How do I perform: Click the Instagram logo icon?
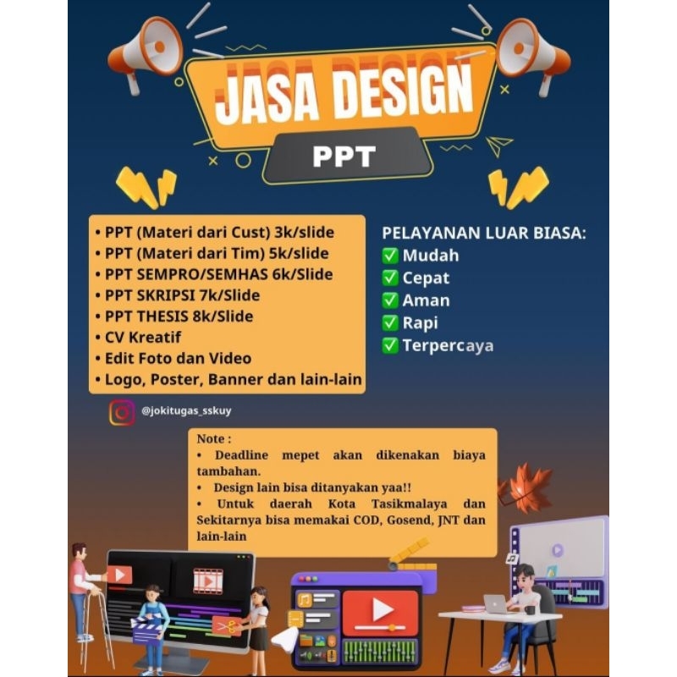coord(122,412)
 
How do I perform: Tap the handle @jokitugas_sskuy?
coord(187,410)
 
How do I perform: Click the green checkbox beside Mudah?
coord(390,256)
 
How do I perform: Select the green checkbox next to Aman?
coord(390,300)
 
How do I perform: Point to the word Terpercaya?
coord(449,345)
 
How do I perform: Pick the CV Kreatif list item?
coord(144,338)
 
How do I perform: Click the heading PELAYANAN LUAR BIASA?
coord(484,234)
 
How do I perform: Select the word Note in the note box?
coord(212,440)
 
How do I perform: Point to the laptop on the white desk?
coord(496,603)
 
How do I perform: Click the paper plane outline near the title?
coord(500,145)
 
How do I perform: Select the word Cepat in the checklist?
coord(426,278)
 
